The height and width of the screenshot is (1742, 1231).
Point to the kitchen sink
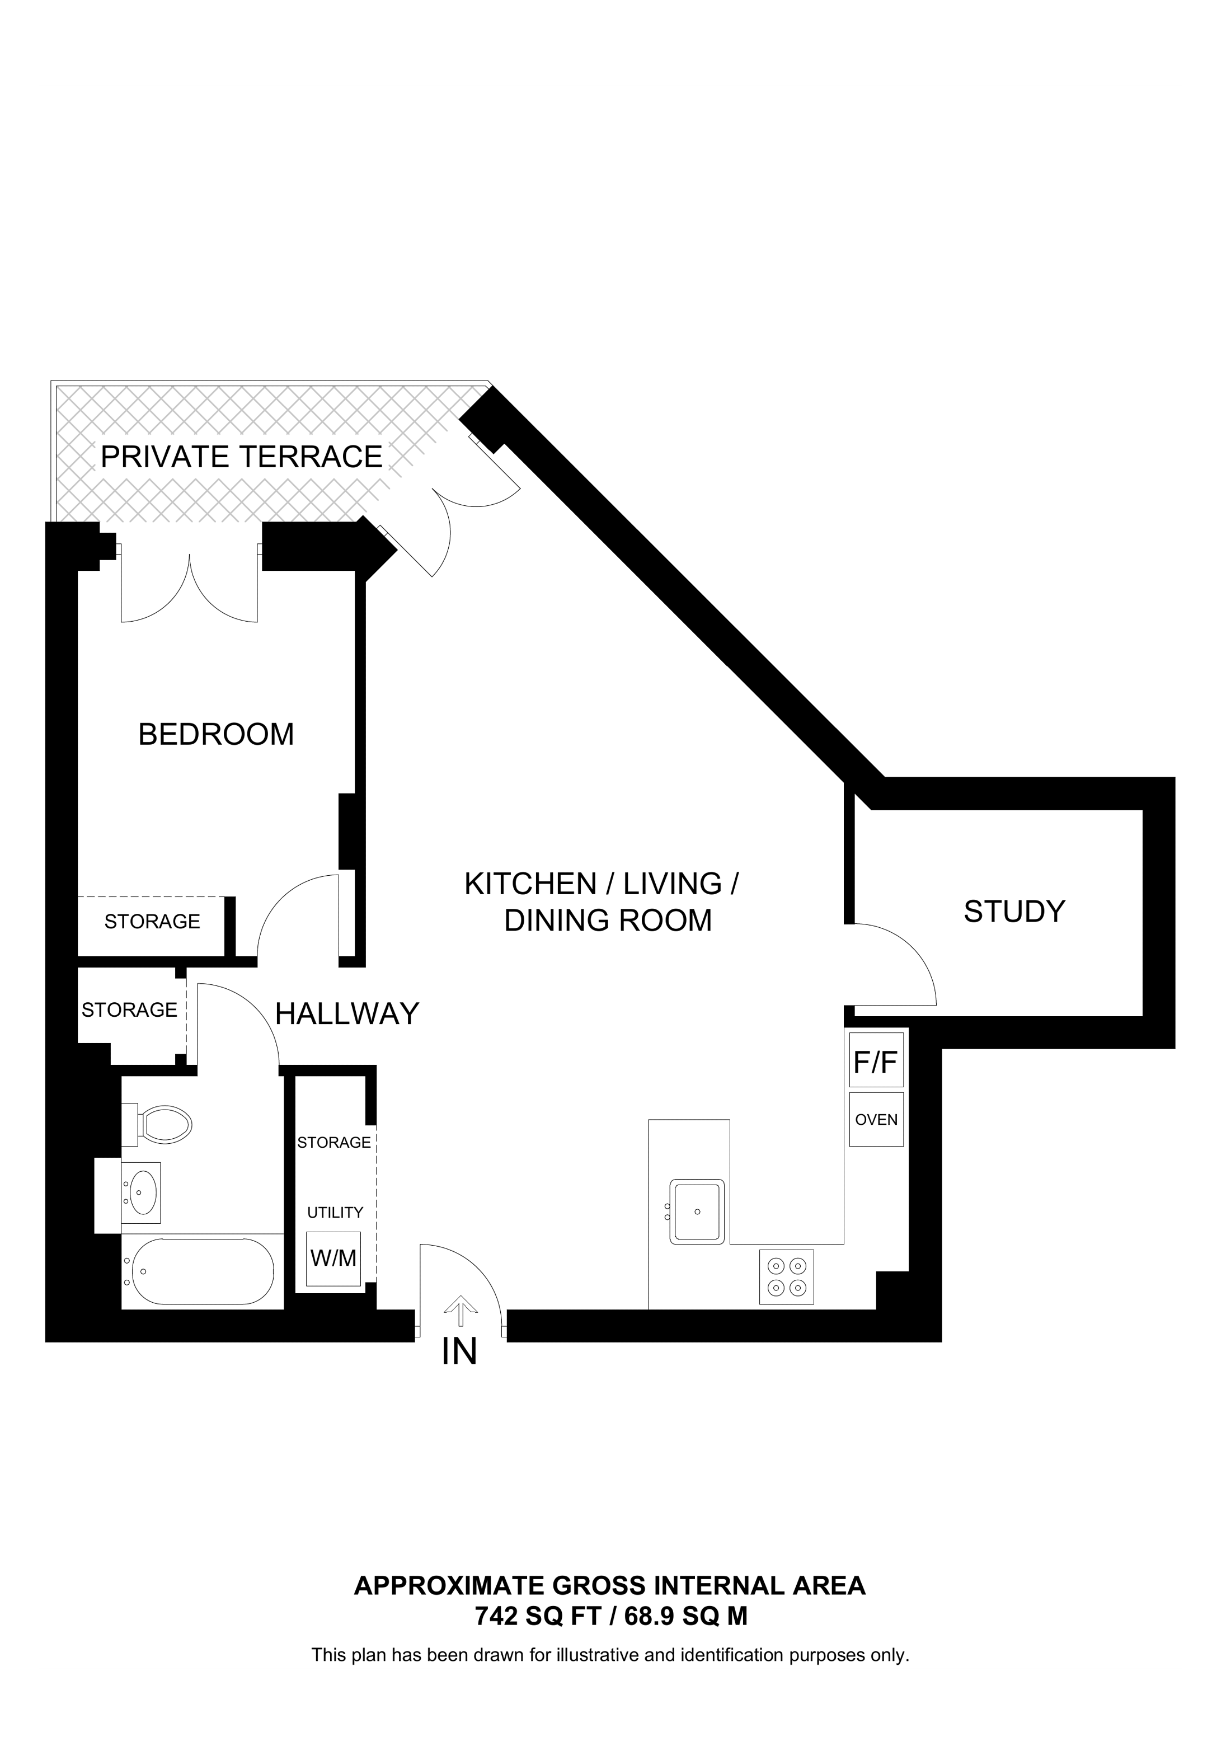pos(697,1211)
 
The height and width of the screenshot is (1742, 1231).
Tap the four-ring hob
pos(787,1277)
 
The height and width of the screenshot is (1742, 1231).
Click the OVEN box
pos(876,1120)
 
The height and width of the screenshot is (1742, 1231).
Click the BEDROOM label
pos(216,734)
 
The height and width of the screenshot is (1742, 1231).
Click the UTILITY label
pos(335,1213)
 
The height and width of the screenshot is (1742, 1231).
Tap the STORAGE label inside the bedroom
pos(152,922)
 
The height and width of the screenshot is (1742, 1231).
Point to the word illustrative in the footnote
pos(595,1655)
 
